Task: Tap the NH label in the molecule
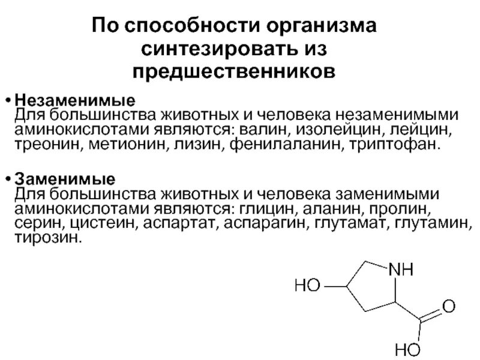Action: click(402, 270)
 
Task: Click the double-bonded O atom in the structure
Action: click(447, 308)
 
